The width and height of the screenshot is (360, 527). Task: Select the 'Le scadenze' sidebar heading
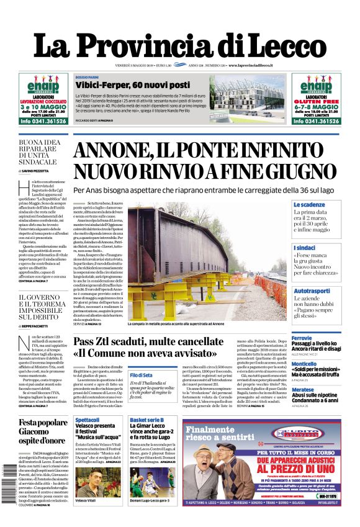[x=309, y=204]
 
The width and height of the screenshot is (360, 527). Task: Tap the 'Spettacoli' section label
[x=87, y=420]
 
